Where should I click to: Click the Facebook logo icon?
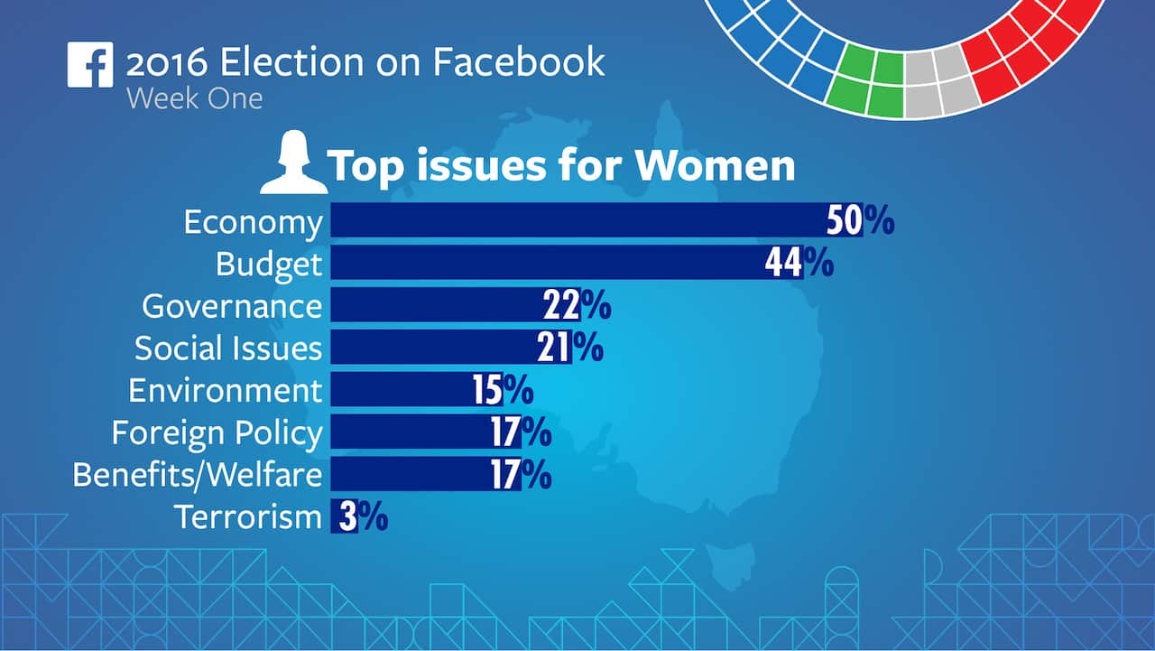click(90, 65)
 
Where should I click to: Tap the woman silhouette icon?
click(293, 163)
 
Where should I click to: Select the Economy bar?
click(577, 220)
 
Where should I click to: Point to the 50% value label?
click(860, 221)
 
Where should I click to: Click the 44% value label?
click(799, 263)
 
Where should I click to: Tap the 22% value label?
click(577, 306)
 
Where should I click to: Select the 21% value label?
click(570, 348)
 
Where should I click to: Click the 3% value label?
click(364, 517)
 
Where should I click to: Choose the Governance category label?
click(232, 306)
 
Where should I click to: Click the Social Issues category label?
click(228, 348)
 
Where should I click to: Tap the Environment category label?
click(225, 390)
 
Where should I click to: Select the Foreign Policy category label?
click(217, 433)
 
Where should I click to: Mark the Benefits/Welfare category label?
click(197, 475)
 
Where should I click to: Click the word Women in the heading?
click(715, 166)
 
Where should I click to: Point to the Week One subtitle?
click(194, 98)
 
